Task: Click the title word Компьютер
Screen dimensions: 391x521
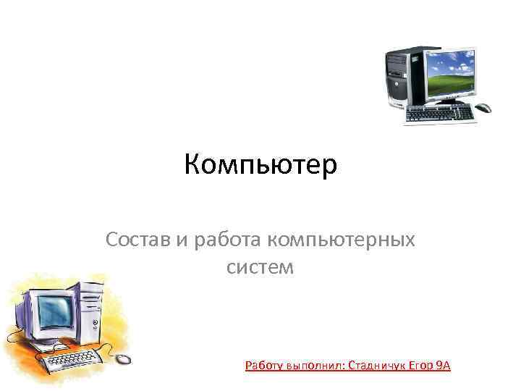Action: (260, 165)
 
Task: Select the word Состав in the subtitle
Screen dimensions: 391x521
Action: (138, 238)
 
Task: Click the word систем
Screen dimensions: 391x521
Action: (260, 267)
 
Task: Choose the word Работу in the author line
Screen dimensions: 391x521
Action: (263, 366)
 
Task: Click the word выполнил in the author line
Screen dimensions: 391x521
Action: (315, 366)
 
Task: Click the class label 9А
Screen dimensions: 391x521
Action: (443, 366)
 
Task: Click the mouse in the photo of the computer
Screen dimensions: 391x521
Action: (483, 108)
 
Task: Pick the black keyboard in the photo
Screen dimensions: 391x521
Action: (439, 113)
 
